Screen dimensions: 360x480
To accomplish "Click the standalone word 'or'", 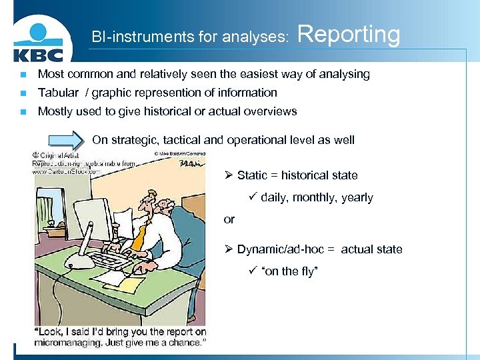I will click(x=229, y=219).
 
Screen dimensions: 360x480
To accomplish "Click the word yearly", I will click(x=357, y=197).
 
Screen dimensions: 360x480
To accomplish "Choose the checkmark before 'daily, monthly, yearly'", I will click(x=253, y=197).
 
